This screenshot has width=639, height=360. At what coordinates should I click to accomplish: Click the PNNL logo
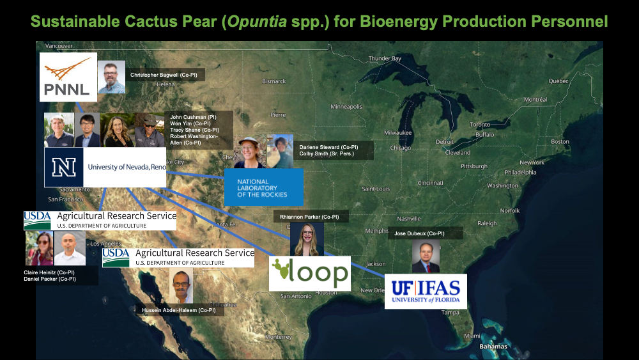point(68,77)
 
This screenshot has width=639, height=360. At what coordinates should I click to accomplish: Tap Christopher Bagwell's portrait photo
point(111,77)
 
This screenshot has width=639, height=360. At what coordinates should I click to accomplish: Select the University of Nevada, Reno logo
point(105,168)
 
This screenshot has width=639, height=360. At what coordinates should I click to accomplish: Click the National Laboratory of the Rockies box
point(263,187)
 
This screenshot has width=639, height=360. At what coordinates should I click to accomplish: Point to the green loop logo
point(310,273)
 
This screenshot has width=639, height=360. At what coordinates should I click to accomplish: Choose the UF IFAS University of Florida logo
point(426,292)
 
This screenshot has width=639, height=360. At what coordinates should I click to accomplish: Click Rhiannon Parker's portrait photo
point(307,239)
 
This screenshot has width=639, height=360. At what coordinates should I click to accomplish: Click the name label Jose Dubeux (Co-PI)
point(419,234)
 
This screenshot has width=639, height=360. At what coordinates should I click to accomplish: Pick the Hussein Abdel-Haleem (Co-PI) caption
point(180,310)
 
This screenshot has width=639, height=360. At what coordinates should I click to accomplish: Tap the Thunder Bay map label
point(385,59)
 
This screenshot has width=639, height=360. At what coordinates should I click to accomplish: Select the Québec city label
point(558,81)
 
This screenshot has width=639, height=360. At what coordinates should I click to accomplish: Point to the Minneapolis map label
point(346,106)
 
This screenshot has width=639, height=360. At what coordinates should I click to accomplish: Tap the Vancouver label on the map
point(59,46)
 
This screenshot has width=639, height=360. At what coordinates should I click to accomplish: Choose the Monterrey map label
point(278,336)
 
